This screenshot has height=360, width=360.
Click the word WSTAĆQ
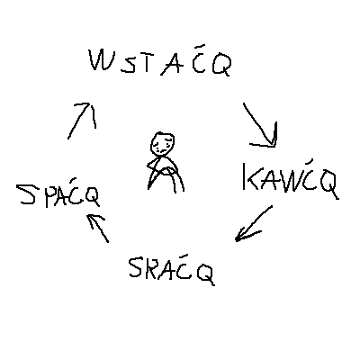pyautogui.click(x=160, y=60)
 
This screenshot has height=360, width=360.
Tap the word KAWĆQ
pyautogui.click(x=291, y=179)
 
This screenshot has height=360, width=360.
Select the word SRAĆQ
pyautogui.click(x=172, y=269)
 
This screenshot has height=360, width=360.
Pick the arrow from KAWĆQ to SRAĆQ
pyautogui.click(x=254, y=223)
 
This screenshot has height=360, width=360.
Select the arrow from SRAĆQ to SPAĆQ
pyautogui.click(x=98, y=228)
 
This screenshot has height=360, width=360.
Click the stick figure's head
pyautogui.click(x=162, y=144)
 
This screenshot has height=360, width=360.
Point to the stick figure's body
pyautogui.click(x=166, y=174)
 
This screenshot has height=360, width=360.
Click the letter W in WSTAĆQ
pyautogui.click(x=100, y=60)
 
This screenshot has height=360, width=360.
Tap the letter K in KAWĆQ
pyautogui.click(x=252, y=177)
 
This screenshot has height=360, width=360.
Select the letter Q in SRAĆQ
pyautogui.click(x=206, y=274)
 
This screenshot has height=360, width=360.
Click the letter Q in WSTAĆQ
pyautogui.click(x=222, y=65)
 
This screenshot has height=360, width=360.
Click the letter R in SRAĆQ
pyautogui.click(x=151, y=267)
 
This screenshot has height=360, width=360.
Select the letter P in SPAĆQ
pyautogui.click(x=51, y=195)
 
